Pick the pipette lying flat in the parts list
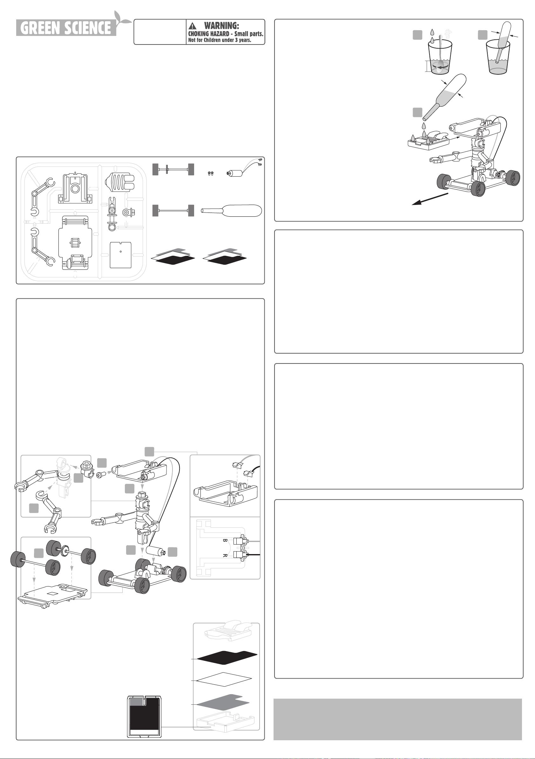point(232,210)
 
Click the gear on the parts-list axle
point(168,170)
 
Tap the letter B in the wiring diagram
point(225,541)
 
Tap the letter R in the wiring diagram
point(225,555)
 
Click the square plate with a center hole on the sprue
point(121,255)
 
